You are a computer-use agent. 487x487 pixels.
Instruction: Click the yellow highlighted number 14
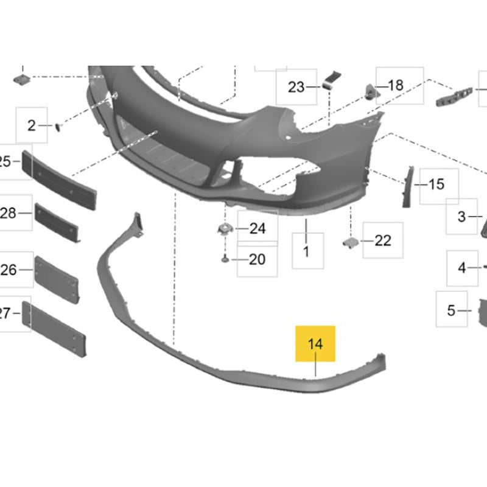point(315,344)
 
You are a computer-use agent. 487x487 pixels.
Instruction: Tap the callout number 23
point(296,87)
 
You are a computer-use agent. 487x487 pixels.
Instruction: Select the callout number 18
point(396,85)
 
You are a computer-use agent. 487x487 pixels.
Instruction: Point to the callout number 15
point(436,184)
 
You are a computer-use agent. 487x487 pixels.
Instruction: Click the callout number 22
point(383,240)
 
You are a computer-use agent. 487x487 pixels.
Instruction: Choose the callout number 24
point(258,229)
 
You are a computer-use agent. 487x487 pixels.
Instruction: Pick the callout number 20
point(257,260)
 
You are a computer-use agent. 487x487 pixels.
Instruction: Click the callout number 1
point(306,251)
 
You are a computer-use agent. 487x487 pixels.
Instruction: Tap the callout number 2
point(32,126)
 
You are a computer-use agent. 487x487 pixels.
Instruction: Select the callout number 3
point(462,217)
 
